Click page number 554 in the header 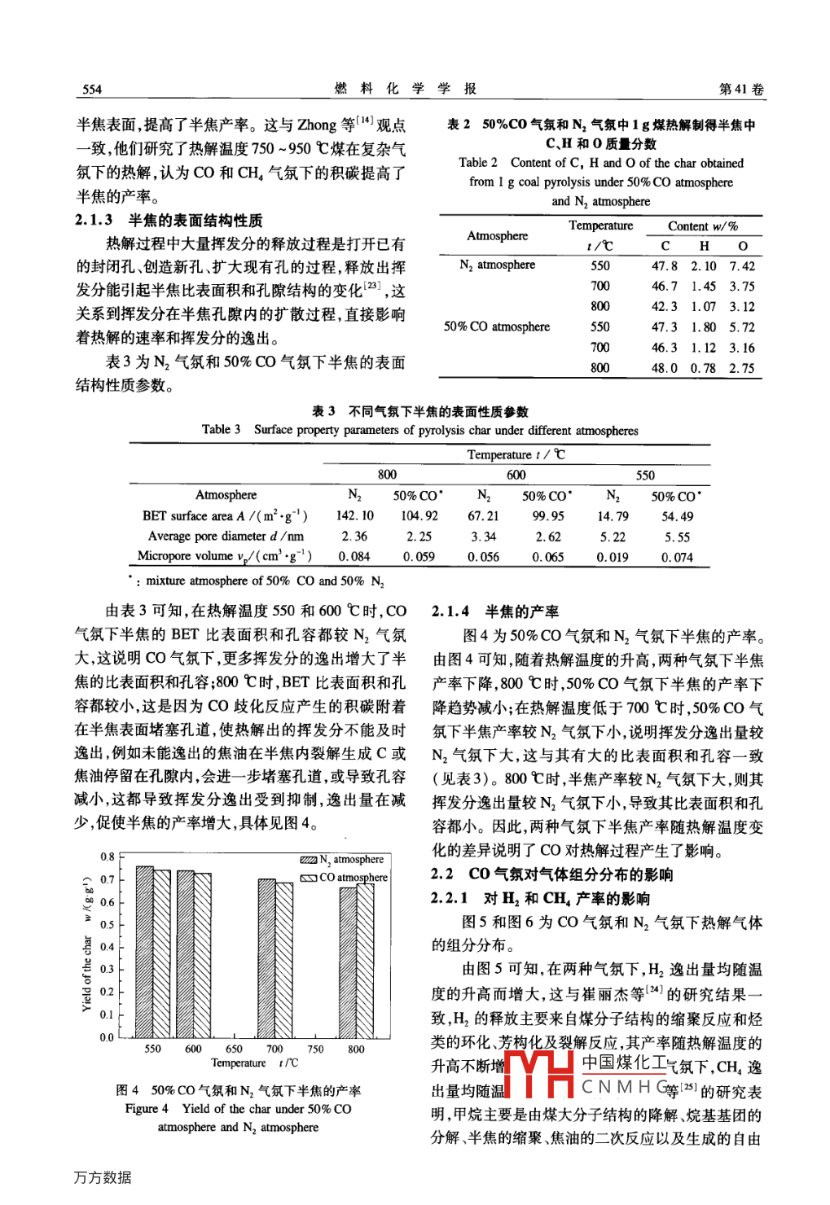pos(92,90)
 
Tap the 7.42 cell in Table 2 pos(742,266)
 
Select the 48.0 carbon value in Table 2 pos(664,368)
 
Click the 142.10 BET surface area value pos(354,516)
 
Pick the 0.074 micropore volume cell pos(677,558)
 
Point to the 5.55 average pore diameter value pos(677,537)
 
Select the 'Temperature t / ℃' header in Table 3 pos(516,455)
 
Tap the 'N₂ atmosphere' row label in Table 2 pos(497,265)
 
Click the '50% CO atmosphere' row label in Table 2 pos(497,326)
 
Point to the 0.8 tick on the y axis pos(108,857)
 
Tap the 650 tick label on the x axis pos(234,1049)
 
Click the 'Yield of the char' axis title pos(87,973)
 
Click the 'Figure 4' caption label pos(147,1109)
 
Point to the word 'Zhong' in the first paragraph pos(317,125)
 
